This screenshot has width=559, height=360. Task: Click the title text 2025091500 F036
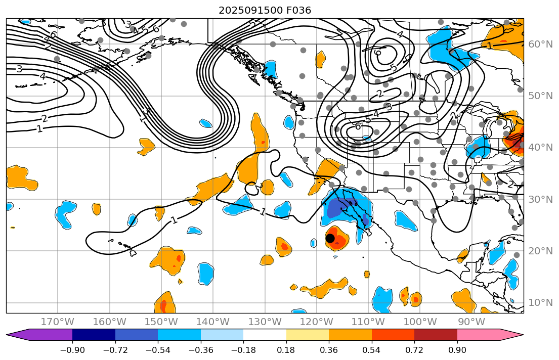pos(265,10)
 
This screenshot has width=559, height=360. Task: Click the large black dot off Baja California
pos(330,238)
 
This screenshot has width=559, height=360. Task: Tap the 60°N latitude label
pos(540,44)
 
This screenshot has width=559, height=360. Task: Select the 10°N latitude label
pos(540,302)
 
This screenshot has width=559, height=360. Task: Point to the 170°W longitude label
pos(58,322)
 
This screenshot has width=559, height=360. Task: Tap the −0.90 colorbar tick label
pos(72,350)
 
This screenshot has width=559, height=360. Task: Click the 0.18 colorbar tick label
pos(286,350)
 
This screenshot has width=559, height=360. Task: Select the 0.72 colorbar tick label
pos(414,350)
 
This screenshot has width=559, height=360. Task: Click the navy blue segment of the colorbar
pos(94,335)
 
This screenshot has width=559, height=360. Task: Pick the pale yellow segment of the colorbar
pos(307,335)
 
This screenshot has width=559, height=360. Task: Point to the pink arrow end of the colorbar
pos(511,335)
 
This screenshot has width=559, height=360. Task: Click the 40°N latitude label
pos(540,147)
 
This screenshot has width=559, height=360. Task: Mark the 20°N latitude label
pos(540,251)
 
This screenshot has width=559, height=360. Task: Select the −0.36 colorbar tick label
pos(200,350)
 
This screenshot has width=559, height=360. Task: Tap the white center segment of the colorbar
pos(265,335)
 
